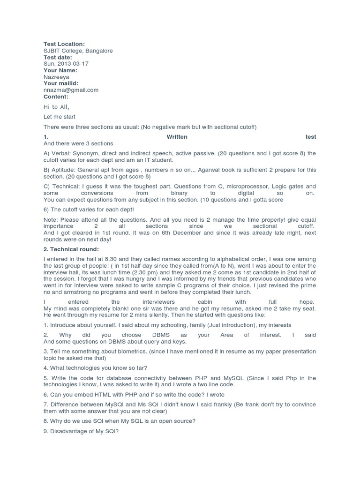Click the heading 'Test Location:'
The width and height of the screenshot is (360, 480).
(64, 44)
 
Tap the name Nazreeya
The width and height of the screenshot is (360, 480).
(57, 77)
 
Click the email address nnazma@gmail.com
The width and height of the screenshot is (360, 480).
(71, 90)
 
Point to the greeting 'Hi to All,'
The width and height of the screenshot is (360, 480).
(57, 107)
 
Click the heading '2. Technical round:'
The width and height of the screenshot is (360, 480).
(71, 249)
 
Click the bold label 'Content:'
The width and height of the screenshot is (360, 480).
(56, 97)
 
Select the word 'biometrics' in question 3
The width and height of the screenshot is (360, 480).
(119, 352)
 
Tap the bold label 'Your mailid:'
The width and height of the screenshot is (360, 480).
(61, 83)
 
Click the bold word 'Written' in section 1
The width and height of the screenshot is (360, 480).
(177, 137)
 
